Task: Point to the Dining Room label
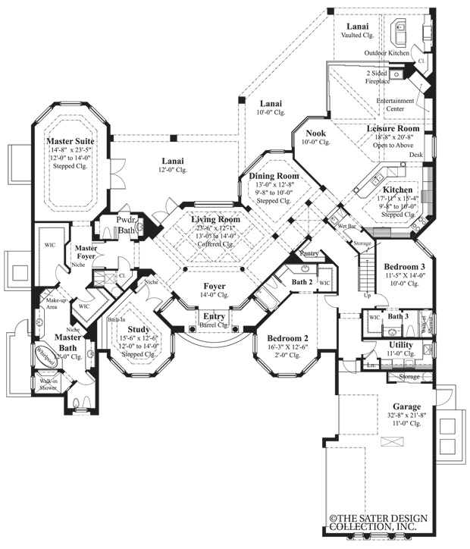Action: pyautogui.click(x=271, y=176)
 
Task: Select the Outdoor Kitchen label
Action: pyautogui.click(x=387, y=53)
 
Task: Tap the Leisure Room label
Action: pyautogui.click(x=393, y=129)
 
